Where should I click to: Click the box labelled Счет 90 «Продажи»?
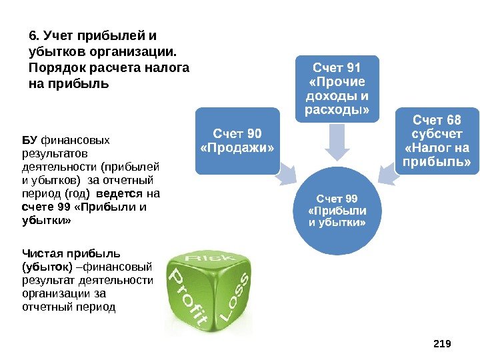point(237,140)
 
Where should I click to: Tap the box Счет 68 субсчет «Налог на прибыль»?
point(437,141)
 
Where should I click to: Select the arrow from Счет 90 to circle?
point(287,175)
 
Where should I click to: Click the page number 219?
point(442,343)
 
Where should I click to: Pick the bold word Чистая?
point(41,253)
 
